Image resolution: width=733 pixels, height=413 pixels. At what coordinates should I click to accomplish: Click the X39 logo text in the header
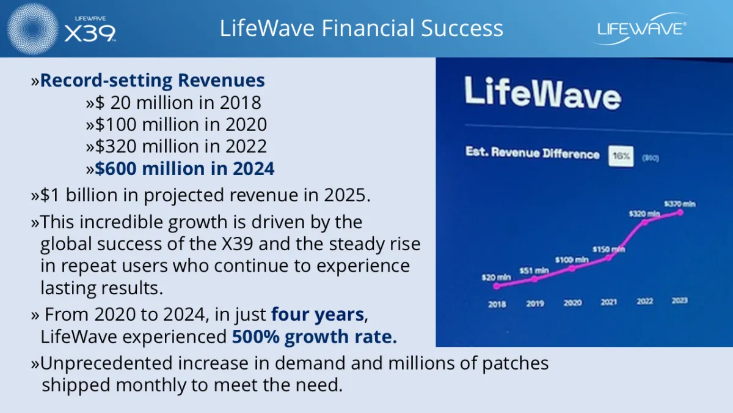click(x=90, y=33)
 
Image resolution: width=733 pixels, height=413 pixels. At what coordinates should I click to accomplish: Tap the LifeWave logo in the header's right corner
click(x=641, y=29)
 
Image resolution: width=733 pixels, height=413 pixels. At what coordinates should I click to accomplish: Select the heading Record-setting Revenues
click(x=153, y=80)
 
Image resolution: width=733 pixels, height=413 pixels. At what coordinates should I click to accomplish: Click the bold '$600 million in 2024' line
click(x=184, y=168)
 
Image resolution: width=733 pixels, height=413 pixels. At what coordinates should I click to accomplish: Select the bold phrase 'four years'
click(x=318, y=314)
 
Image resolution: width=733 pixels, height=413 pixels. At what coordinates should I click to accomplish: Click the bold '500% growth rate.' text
click(x=315, y=337)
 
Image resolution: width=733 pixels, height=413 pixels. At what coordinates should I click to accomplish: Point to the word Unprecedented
click(x=106, y=363)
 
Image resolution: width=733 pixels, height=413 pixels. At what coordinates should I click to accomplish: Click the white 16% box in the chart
click(x=621, y=156)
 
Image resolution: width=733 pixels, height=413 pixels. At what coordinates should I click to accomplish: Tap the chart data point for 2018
click(x=497, y=286)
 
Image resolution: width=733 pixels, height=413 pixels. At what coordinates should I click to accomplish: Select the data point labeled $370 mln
click(x=680, y=213)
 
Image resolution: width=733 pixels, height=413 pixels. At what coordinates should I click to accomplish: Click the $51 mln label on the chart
click(x=534, y=270)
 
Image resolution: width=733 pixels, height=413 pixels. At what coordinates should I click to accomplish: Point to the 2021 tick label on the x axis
click(x=608, y=302)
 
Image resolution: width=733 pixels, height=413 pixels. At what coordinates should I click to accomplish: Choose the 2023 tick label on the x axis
click(x=680, y=300)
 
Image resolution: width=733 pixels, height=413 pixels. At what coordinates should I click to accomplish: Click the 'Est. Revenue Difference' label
click(x=533, y=153)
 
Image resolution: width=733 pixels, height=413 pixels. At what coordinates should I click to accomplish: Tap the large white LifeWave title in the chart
click(x=542, y=93)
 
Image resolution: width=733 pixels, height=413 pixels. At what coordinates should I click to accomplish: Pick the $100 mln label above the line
click(x=572, y=260)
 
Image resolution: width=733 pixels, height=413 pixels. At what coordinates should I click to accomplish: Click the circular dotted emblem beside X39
click(x=32, y=29)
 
